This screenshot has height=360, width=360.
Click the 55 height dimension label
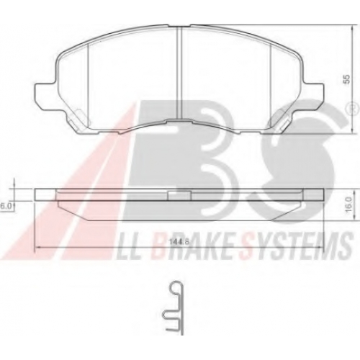[346, 78]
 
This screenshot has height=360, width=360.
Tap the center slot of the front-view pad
[179, 73]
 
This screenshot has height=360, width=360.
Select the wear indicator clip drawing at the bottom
[174, 307]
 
